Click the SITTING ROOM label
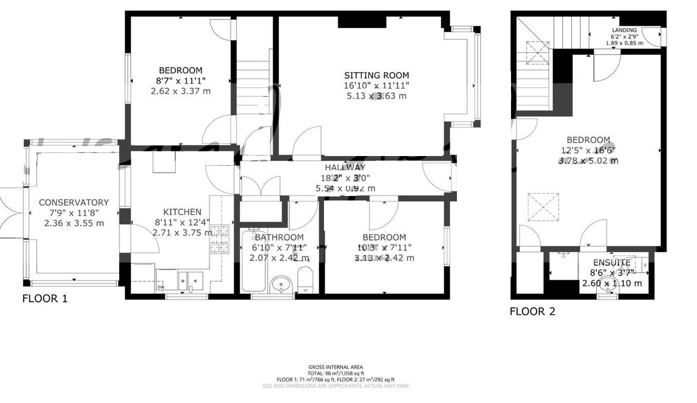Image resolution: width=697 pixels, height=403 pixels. click(376, 76)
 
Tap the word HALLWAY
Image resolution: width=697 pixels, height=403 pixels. click(345, 168)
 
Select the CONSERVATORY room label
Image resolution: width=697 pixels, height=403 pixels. click(74, 203)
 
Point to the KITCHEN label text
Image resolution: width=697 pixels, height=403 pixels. click(182, 212)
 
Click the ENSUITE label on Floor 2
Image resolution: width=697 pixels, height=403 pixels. click(612, 263)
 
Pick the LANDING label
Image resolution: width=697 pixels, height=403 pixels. click(624, 30)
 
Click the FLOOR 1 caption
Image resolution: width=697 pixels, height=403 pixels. click(44, 298)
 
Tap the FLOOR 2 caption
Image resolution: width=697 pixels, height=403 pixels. click(532, 312)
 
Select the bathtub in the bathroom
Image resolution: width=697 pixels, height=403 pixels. click(254, 261)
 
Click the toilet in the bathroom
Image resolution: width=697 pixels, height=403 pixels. click(305, 280)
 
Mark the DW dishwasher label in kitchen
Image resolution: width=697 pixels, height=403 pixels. click(161, 287)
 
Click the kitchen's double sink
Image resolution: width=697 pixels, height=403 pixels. click(190, 281)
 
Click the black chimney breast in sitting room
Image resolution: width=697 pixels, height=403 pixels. click(362, 22)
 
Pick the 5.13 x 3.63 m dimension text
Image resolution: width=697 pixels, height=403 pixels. click(376, 96)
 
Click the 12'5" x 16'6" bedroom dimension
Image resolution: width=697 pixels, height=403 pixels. click(588, 150)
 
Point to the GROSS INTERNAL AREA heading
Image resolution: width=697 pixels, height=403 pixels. click(335, 367)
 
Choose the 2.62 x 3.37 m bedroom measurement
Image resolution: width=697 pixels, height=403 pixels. click(180, 91)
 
